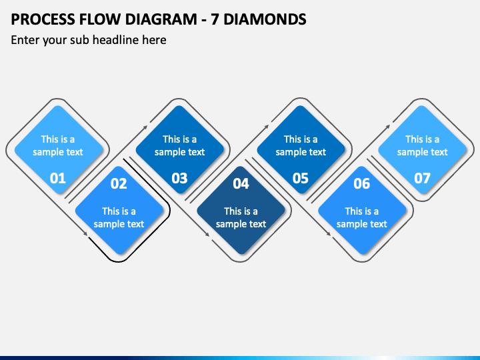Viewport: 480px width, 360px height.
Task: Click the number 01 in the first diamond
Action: click(57, 178)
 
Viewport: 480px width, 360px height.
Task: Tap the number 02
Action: click(119, 183)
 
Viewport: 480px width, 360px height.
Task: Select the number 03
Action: click(179, 178)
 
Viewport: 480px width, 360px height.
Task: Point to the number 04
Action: click(241, 183)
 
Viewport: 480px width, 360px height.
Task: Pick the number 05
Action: click(300, 178)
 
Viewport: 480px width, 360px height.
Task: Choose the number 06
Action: click(362, 183)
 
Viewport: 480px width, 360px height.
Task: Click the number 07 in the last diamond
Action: click(422, 178)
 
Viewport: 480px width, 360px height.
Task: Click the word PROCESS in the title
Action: click(43, 19)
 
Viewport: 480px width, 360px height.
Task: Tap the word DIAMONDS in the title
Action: click(265, 19)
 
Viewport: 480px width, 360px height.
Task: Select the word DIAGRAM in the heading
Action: click(161, 19)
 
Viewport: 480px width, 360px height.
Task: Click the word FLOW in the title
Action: click(100, 19)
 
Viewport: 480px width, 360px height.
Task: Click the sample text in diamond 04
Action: click(241, 217)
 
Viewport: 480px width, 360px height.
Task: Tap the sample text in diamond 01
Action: click(58, 146)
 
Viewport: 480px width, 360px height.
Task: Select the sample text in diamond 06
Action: click(362, 217)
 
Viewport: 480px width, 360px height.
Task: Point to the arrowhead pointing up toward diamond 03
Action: click(145, 127)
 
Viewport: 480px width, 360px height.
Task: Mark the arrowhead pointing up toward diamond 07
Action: click(388, 127)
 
